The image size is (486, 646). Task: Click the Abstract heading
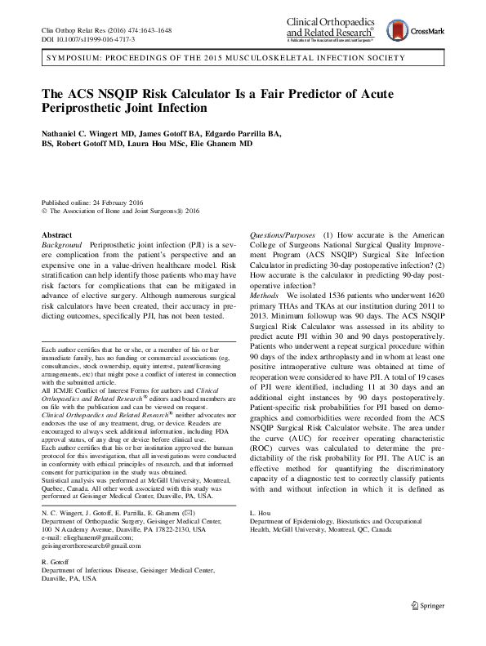57,234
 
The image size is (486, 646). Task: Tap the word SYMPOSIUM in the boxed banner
78,60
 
